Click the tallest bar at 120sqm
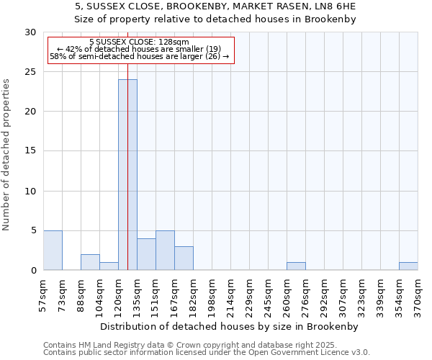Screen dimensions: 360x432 click(127, 174)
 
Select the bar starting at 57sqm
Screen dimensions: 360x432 click(53, 251)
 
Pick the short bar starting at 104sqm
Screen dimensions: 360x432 click(109, 266)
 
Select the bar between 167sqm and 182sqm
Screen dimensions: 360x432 click(184, 258)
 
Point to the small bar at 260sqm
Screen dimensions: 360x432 click(296, 266)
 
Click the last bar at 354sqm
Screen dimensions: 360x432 click(408, 266)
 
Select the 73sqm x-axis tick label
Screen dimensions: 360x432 click(63, 292)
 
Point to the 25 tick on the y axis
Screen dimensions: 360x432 click(30, 72)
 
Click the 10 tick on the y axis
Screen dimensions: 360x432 click(30, 191)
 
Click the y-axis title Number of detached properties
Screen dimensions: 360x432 click(7, 155)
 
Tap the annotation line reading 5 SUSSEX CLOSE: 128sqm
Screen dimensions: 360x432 click(140, 42)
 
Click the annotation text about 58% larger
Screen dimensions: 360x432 click(140, 56)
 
